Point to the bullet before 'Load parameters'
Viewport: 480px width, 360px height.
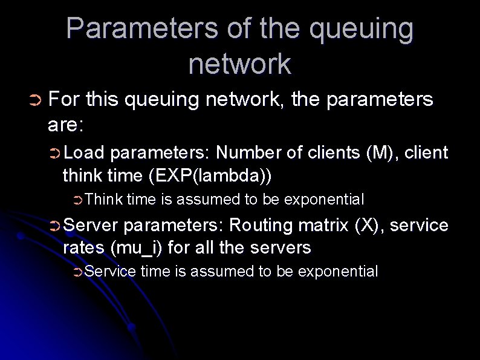pos(54,153)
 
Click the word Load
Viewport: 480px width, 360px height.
pos(84,152)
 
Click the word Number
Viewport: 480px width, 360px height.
pos(245,152)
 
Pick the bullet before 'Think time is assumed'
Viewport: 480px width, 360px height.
pos(77,200)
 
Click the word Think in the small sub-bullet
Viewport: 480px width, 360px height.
pos(104,199)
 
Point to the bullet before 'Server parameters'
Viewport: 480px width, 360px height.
pos(54,226)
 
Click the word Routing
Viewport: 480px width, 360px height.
pos(261,225)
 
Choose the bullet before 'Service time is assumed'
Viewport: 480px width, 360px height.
pos(77,272)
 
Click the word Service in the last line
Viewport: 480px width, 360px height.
pos(111,272)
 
